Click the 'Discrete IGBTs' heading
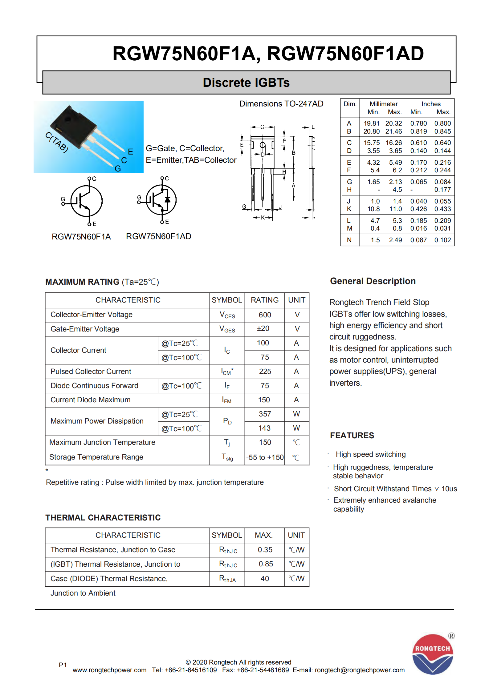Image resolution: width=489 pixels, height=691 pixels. (x=246, y=82)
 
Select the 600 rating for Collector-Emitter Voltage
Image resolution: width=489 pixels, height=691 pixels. (x=265, y=315)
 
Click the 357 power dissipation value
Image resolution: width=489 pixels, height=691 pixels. (x=265, y=414)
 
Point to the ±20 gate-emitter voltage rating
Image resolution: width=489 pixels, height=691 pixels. (x=263, y=329)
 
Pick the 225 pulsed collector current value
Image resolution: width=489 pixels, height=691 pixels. (x=265, y=372)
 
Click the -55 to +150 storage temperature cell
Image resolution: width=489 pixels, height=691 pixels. (x=265, y=457)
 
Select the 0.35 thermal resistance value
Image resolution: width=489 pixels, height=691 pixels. (x=265, y=550)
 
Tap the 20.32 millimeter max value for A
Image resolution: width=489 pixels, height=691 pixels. (x=393, y=123)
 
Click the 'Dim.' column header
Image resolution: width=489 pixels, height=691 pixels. (x=350, y=104)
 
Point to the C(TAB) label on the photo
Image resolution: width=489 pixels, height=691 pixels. (x=57, y=142)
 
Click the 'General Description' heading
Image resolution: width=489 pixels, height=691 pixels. (x=373, y=281)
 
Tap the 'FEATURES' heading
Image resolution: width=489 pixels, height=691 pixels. (x=352, y=436)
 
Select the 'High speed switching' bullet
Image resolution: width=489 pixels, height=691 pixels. (x=370, y=454)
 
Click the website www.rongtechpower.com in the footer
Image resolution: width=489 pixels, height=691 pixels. (x=109, y=670)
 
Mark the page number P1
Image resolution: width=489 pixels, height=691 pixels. (x=63, y=665)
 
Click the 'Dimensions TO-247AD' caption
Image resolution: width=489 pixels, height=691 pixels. (x=281, y=104)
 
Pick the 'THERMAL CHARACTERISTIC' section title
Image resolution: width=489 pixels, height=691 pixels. (x=103, y=518)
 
